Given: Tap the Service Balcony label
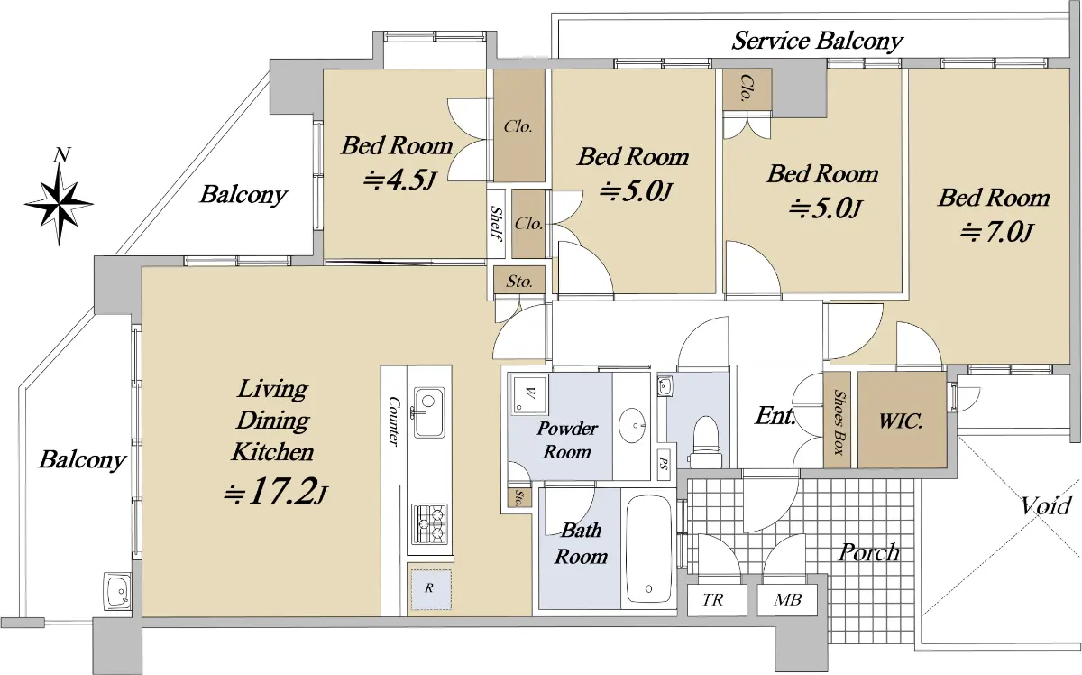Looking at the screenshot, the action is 817,41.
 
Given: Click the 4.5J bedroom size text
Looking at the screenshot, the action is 400,180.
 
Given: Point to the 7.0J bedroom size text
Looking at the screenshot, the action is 996,233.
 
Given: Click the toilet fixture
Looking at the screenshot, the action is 705,442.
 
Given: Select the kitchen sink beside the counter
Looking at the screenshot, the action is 428,412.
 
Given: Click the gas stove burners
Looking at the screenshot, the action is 429,523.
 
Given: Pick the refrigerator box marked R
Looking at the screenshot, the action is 431,589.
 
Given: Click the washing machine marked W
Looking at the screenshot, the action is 530,394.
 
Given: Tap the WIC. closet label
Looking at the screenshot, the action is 901,421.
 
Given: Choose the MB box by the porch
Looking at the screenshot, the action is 787,600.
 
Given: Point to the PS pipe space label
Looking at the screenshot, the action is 665,462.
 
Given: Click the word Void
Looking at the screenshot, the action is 1045,506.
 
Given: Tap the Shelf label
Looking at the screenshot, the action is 496,223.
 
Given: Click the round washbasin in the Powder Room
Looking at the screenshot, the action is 633,426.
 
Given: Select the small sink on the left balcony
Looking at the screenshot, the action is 118,592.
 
